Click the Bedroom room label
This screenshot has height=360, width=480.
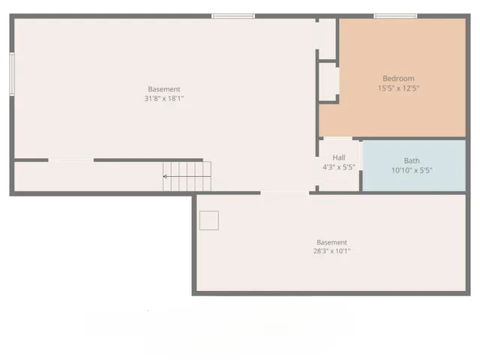pos(398,79)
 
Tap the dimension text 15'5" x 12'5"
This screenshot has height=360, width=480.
pos(398,88)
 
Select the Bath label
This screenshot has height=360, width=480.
pos(412,160)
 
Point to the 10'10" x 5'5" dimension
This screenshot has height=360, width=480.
pos(412,169)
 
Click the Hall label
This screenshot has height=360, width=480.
pos(339,157)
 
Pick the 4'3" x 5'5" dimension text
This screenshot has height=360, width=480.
pos(339,166)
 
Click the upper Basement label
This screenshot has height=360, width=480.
pos(163,90)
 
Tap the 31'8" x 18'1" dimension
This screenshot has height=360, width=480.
pos(163,99)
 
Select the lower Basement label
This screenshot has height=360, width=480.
pos(331,242)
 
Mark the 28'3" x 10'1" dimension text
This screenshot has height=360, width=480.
pos(331,251)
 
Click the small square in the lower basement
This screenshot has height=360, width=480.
pos(209,220)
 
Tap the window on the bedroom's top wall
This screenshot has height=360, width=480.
pos(395,16)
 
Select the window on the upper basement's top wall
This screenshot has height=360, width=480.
pos(233,16)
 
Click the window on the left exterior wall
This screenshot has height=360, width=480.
pos(12,73)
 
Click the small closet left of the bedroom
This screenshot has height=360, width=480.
pos(328,80)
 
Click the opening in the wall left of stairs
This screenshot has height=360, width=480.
pos(71,160)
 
